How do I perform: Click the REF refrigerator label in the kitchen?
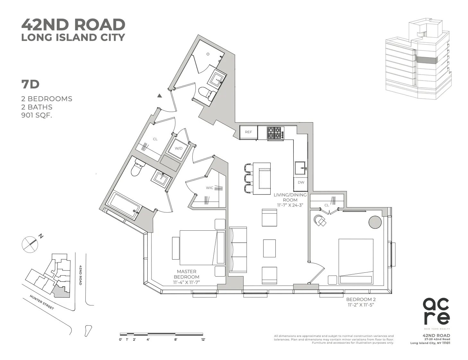click(248, 132)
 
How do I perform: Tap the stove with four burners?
click(275, 133)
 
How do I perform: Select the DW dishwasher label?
click(301, 183)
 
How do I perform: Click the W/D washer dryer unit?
click(178, 149)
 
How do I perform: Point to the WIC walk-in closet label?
click(210, 188)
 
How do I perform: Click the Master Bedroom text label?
click(186, 274)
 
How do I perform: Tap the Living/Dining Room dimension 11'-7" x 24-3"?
click(290, 205)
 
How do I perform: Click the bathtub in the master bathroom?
click(124, 205)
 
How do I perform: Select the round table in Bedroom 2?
click(375, 222)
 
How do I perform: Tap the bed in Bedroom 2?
click(356, 261)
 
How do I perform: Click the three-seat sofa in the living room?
click(238, 249)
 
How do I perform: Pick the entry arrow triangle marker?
click(160, 95)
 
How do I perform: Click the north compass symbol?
click(30, 244)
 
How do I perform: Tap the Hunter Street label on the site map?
click(42, 302)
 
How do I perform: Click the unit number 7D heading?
click(30, 84)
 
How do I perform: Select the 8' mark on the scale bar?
click(176, 339)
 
